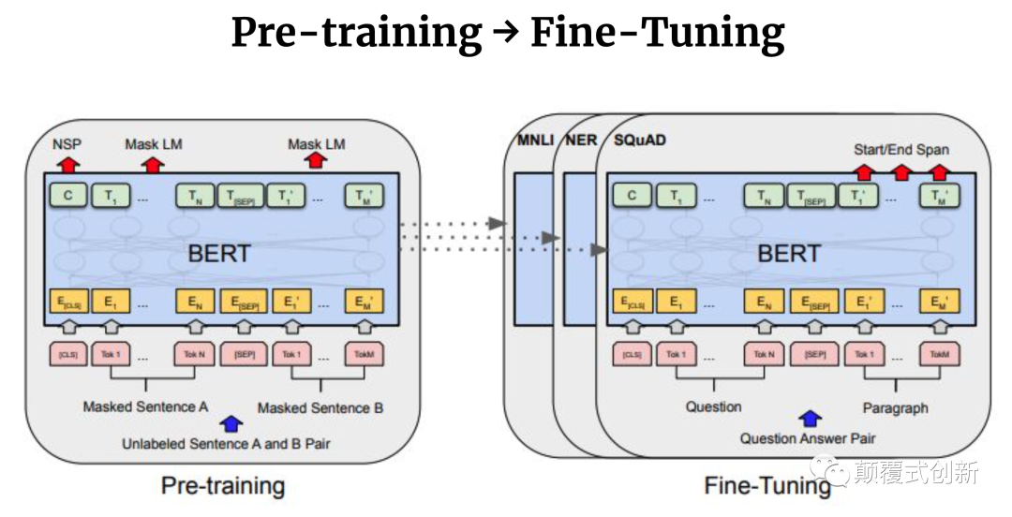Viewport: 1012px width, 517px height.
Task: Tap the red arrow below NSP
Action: coord(67,164)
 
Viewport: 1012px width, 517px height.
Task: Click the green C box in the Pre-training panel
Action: coord(67,196)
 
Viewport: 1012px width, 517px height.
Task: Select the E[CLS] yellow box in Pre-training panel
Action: coord(67,302)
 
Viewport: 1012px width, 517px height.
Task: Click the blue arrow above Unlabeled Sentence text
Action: coord(226,423)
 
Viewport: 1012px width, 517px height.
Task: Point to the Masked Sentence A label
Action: coord(145,407)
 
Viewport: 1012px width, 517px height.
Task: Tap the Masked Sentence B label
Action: coord(320,407)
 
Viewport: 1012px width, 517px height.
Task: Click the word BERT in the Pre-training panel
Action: coord(219,253)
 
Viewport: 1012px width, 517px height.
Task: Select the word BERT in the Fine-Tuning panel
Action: coord(789,253)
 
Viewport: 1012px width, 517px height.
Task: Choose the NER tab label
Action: coord(581,140)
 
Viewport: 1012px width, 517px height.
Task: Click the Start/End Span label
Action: coord(900,149)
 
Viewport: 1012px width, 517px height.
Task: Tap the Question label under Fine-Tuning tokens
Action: coord(713,407)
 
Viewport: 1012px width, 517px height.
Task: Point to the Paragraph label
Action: coord(895,407)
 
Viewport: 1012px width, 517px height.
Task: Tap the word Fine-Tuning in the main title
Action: coord(657,35)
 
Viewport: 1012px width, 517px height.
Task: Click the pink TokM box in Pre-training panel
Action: coord(364,355)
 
